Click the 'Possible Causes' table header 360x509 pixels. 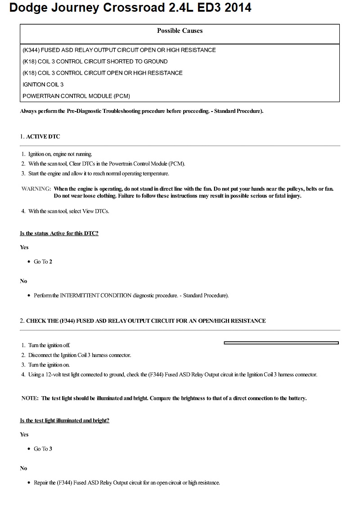[x=180, y=31]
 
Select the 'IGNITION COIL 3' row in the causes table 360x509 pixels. [x=43, y=85]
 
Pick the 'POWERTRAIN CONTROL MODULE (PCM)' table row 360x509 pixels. [x=76, y=96]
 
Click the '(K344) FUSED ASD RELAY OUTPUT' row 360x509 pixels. [x=119, y=50]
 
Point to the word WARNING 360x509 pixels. [x=36, y=189]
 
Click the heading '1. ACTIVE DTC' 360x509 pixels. [x=40, y=136]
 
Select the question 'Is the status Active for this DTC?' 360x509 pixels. [x=59, y=233]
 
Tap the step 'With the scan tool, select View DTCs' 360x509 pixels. [x=68, y=211]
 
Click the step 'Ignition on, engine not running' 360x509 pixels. [x=60, y=154]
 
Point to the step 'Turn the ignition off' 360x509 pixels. [x=49, y=345]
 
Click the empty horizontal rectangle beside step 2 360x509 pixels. [x=281, y=343]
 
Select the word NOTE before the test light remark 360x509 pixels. [x=30, y=398]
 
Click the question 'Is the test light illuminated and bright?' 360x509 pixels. [x=64, y=420]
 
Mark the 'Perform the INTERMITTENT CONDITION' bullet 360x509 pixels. [x=131, y=295]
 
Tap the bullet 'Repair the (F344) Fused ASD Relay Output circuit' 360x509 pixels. [x=127, y=482]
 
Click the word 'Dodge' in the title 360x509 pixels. [x=29, y=8]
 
